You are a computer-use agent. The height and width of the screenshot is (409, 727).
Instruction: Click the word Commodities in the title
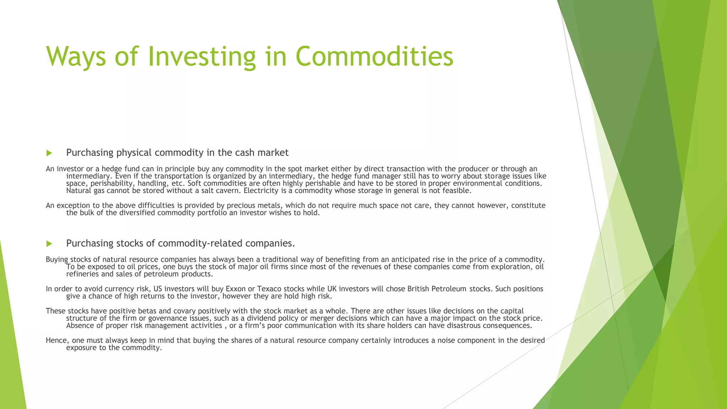point(374,56)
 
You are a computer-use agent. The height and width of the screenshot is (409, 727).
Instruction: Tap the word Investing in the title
point(201,57)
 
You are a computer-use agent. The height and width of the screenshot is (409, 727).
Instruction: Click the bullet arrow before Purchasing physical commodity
point(49,153)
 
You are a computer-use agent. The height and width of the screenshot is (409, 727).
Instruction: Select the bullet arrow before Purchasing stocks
point(49,244)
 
